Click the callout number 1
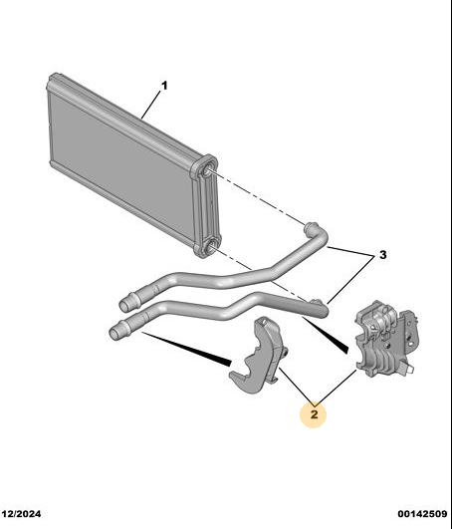[164, 86]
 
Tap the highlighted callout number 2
[314, 414]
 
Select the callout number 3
[382, 255]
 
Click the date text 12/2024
[21, 514]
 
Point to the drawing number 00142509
[422, 514]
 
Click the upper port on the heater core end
[206, 170]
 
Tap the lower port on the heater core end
[209, 249]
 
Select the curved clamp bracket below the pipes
[260, 358]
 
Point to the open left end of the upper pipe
[124, 306]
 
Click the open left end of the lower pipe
[114, 334]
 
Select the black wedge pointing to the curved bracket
[186, 349]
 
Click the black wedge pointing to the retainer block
[326, 335]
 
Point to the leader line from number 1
[151, 105]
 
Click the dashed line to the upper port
[258, 198]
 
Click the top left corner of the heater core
[51, 75]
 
